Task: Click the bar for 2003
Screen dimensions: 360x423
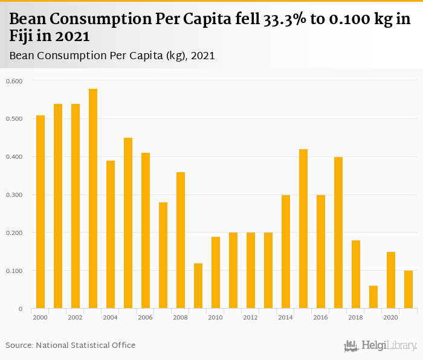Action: [93, 199]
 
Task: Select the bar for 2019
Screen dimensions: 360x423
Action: [373, 297]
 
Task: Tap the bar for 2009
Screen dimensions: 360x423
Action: [198, 286]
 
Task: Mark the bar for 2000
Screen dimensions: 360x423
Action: [40, 212]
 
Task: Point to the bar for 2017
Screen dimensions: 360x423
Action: [338, 233]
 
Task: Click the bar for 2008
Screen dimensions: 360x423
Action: [181, 240]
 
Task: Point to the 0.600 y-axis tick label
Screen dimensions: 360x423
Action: [13, 81]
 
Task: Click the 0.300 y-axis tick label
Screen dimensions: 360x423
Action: [13, 195]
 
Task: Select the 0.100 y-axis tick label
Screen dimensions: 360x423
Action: [13, 271]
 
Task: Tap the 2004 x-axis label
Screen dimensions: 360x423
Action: [111, 317]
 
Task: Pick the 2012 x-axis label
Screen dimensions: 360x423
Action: [251, 317]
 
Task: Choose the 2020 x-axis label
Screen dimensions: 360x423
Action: [391, 317]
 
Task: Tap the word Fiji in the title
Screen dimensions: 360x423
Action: [22, 36]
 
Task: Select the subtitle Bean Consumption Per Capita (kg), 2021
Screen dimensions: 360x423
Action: [112, 56]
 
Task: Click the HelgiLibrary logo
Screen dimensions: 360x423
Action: [381, 346]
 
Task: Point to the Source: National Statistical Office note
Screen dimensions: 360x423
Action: [71, 345]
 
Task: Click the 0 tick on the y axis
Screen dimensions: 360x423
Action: [20, 309]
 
